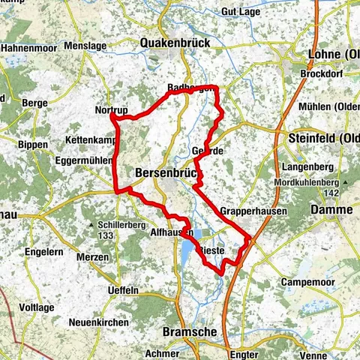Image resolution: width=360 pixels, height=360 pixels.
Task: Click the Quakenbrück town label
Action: coord(175,43)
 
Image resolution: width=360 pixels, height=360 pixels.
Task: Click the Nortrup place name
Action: coord(112,110)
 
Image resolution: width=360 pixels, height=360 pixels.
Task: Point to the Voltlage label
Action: coord(34,307)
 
